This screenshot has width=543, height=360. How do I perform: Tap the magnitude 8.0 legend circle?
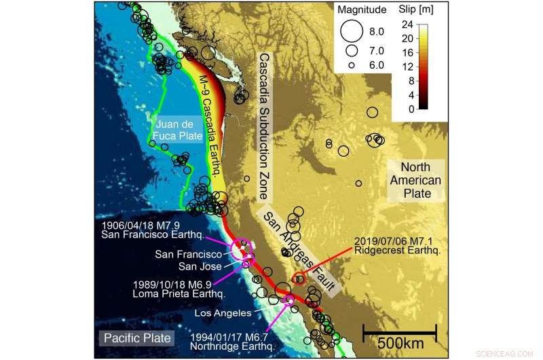pyautogui.click(x=352, y=31)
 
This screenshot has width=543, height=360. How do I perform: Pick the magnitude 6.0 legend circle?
pyautogui.click(x=352, y=65)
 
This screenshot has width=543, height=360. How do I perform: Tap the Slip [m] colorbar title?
pyautogui.click(x=417, y=10)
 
